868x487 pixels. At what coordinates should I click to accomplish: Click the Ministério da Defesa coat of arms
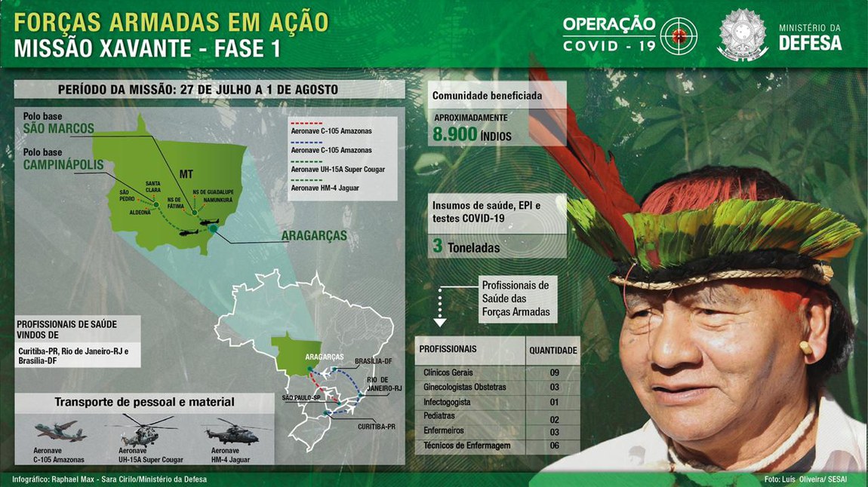[742, 35]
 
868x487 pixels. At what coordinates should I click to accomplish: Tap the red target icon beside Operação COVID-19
[678, 35]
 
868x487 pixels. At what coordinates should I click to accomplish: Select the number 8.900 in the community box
[455, 134]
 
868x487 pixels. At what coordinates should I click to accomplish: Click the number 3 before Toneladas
[438, 246]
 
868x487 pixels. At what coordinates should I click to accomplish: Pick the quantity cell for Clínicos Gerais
[553, 372]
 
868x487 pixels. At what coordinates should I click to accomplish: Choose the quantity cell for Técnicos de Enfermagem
[553, 446]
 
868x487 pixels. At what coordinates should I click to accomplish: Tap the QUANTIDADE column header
[553, 351]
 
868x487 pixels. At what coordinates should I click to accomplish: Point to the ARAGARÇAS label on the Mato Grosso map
[313, 236]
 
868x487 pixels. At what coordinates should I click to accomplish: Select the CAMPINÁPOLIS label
[63, 164]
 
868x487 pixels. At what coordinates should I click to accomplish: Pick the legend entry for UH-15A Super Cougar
[337, 170]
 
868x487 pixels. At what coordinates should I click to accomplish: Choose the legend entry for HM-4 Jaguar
[327, 187]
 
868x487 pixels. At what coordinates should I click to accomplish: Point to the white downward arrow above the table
[440, 321]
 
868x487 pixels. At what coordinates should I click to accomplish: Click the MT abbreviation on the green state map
[186, 174]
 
